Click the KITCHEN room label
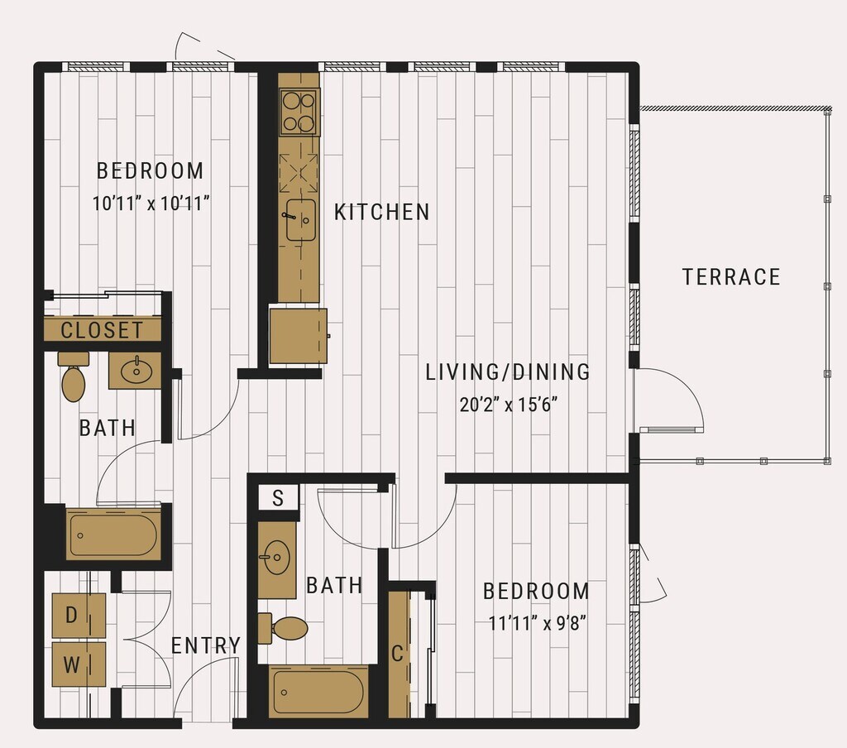pyautogui.click(x=382, y=212)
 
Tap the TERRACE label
pyautogui.click(x=731, y=276)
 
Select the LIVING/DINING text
pyautogui.click(x=508, y=372)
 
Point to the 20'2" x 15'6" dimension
pyautogui.click(x=509, y=405)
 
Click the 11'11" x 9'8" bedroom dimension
pyautogui.click(x=538, y=623)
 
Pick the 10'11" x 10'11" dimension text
pyautogui.click(x=151, y=204)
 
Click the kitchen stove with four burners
pyautogui.click(x=299, y=112)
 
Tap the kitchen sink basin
pyautogui.click(x=301, y=219)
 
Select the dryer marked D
pyautogui.click(x=79, y=616)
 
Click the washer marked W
pyautogui.click(x=79, y=664)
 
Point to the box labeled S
pyautogui.click(x=278, y=497)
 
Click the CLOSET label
pyautogui.click(x=102, y=329)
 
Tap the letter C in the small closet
pyautogui.click(x=397, y=654)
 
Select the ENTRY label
pyautogui.click(x=206, y=645)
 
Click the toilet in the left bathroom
pyautogui.click(x=74, y=377)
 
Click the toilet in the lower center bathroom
pyautogui.click(x=283, y=629)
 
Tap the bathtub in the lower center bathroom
pyautogui.click(x=318, y=693)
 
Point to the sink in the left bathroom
pyautogui.click(x=136, y=370)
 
